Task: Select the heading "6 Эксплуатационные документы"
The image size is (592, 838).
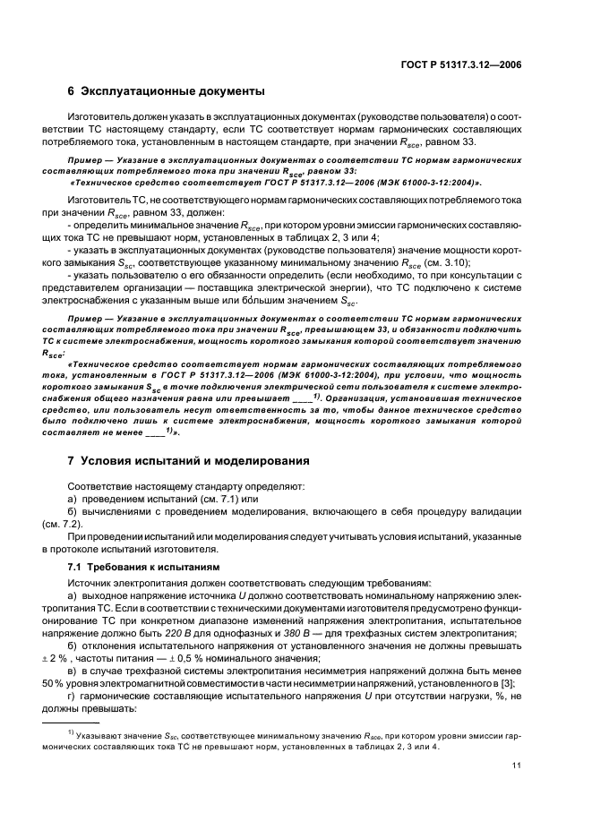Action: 166,91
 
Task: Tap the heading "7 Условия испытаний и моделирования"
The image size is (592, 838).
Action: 190,461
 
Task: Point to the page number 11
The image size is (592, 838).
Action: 517,765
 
